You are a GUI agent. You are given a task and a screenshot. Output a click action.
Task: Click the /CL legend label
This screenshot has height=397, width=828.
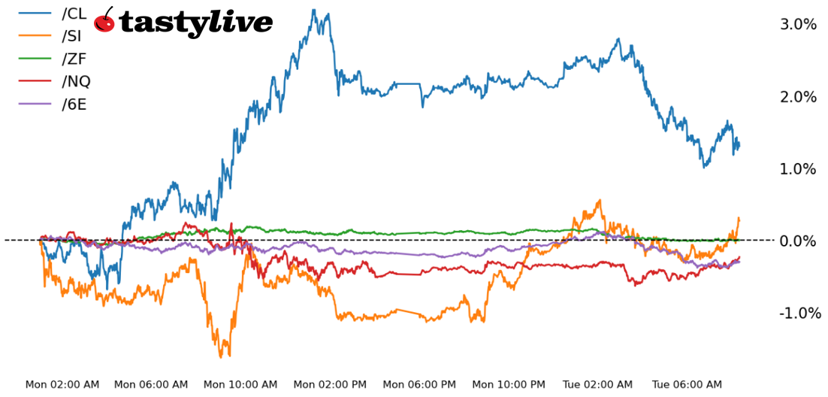coord(74,13)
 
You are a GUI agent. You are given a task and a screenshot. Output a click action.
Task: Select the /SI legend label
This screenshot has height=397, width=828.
coord(71,35)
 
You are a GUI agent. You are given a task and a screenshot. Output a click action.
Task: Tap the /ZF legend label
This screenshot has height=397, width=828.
coord(73,59)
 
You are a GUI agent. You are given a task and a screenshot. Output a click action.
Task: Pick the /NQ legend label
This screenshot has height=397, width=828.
coord(75,81)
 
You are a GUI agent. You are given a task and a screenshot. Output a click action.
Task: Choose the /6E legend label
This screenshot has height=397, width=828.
coord(74,105)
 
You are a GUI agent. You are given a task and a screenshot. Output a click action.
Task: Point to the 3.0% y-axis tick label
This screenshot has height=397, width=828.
coord(798,25)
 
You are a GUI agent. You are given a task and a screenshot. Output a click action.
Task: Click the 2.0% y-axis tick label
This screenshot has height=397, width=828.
coord(798,97)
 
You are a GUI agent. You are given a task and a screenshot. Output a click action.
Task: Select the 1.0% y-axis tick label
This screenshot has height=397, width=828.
coord(798,169)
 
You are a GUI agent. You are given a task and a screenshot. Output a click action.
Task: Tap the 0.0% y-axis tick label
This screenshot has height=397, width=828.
coord(798,241)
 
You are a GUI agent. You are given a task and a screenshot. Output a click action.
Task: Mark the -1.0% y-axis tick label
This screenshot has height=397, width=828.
coord(796,314)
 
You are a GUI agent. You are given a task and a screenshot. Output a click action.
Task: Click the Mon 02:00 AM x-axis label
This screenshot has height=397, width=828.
coord(62,385)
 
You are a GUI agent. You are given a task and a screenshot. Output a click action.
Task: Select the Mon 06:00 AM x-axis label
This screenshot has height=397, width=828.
coord(151,385)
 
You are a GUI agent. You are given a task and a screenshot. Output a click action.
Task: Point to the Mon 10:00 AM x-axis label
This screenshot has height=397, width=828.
coord(240,385)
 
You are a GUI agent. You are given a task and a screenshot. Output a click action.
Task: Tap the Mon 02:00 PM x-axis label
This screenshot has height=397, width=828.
coord(330,385)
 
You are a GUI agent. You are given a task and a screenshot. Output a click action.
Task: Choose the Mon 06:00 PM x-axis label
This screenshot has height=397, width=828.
coord(419,385)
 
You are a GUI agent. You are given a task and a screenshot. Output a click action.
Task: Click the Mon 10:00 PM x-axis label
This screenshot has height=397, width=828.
coord(509,385)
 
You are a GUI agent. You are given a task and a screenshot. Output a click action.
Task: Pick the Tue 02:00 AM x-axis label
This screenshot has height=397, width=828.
coord(597,385)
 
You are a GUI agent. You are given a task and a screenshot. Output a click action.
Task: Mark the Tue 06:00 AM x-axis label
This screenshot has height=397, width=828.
coord(687,385)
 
